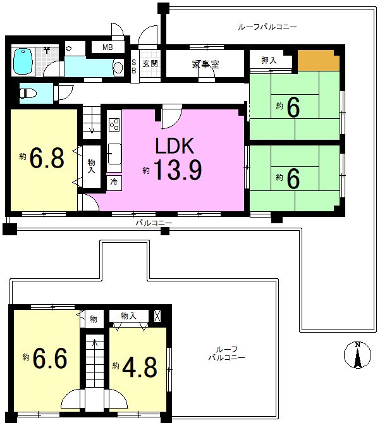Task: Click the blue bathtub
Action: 23,61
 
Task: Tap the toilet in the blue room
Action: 28,94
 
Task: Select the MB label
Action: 107,47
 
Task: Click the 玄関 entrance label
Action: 150,64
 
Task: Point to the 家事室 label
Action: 205,65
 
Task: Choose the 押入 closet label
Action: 269,60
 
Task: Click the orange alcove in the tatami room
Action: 319,61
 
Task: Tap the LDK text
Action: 175,146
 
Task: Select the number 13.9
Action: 178,170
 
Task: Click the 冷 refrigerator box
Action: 114,182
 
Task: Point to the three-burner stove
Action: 114,125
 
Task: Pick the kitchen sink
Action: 114,154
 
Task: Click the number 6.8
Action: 47,157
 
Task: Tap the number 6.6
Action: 50,359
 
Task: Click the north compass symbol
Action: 357,355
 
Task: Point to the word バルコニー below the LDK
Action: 154,223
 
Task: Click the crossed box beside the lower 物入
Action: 157,316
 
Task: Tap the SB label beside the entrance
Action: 134,66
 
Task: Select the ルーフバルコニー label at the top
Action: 267,27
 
